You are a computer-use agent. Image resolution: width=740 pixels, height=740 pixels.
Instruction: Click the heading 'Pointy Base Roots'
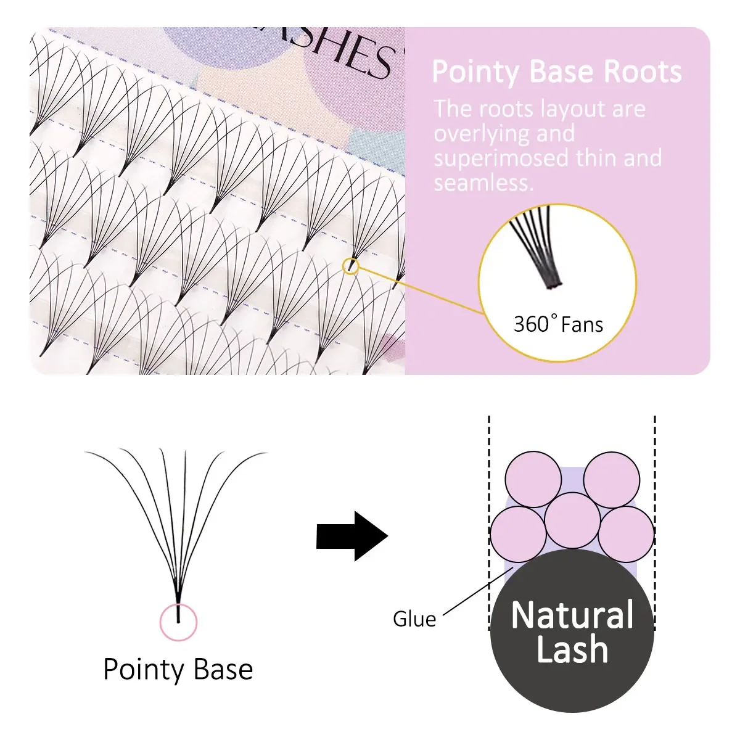click(556, 72)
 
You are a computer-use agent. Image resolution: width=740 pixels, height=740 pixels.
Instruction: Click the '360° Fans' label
click(558, 324)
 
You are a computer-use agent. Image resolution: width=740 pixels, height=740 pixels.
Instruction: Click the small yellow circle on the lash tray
click(350, 266)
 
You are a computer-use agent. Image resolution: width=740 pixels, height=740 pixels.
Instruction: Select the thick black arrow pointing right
click(351, 536)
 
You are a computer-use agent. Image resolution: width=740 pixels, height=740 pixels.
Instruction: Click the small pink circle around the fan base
click(178, 622)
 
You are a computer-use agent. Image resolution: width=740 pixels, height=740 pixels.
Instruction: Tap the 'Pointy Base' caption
click(178, 670)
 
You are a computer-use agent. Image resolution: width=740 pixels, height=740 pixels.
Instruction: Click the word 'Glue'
click(414, 619)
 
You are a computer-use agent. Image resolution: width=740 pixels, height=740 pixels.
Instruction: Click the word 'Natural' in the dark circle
click(572, 615)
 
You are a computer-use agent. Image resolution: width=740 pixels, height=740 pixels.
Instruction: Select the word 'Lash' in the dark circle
click(572, 649)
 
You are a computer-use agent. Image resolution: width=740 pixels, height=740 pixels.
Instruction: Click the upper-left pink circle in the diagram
click(533, 480)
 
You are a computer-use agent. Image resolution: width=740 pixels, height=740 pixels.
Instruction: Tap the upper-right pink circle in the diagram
click(612, 480)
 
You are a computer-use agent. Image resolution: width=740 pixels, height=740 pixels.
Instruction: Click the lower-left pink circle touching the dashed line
click(518, 534)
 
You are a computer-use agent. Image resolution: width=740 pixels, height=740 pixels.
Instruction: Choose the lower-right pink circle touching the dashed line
click(626, 534)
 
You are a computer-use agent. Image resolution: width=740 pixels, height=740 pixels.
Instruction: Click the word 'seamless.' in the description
click(483, 183)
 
